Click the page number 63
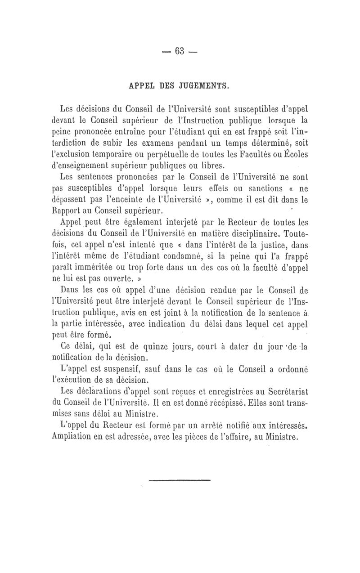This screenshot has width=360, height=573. (x=180, y=51)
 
